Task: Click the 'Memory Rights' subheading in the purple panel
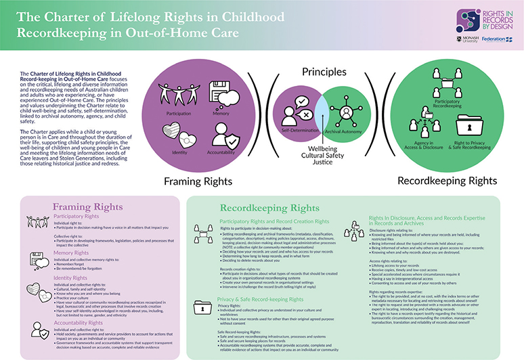(x=74, y=253)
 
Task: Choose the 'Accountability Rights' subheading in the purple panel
(x=83, y=323)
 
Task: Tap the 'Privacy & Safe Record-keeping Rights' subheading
(x=261, y=298)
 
